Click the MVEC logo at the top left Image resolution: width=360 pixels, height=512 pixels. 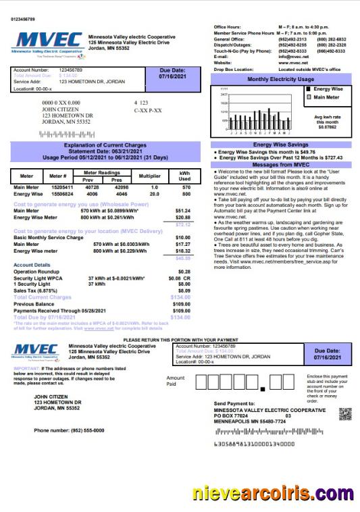[45, 43]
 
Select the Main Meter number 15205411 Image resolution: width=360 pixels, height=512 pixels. [63, 186]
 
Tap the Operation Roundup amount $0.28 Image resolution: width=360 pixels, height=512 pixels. [184, 271]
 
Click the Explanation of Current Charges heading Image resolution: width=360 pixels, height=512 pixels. [105, 145]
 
